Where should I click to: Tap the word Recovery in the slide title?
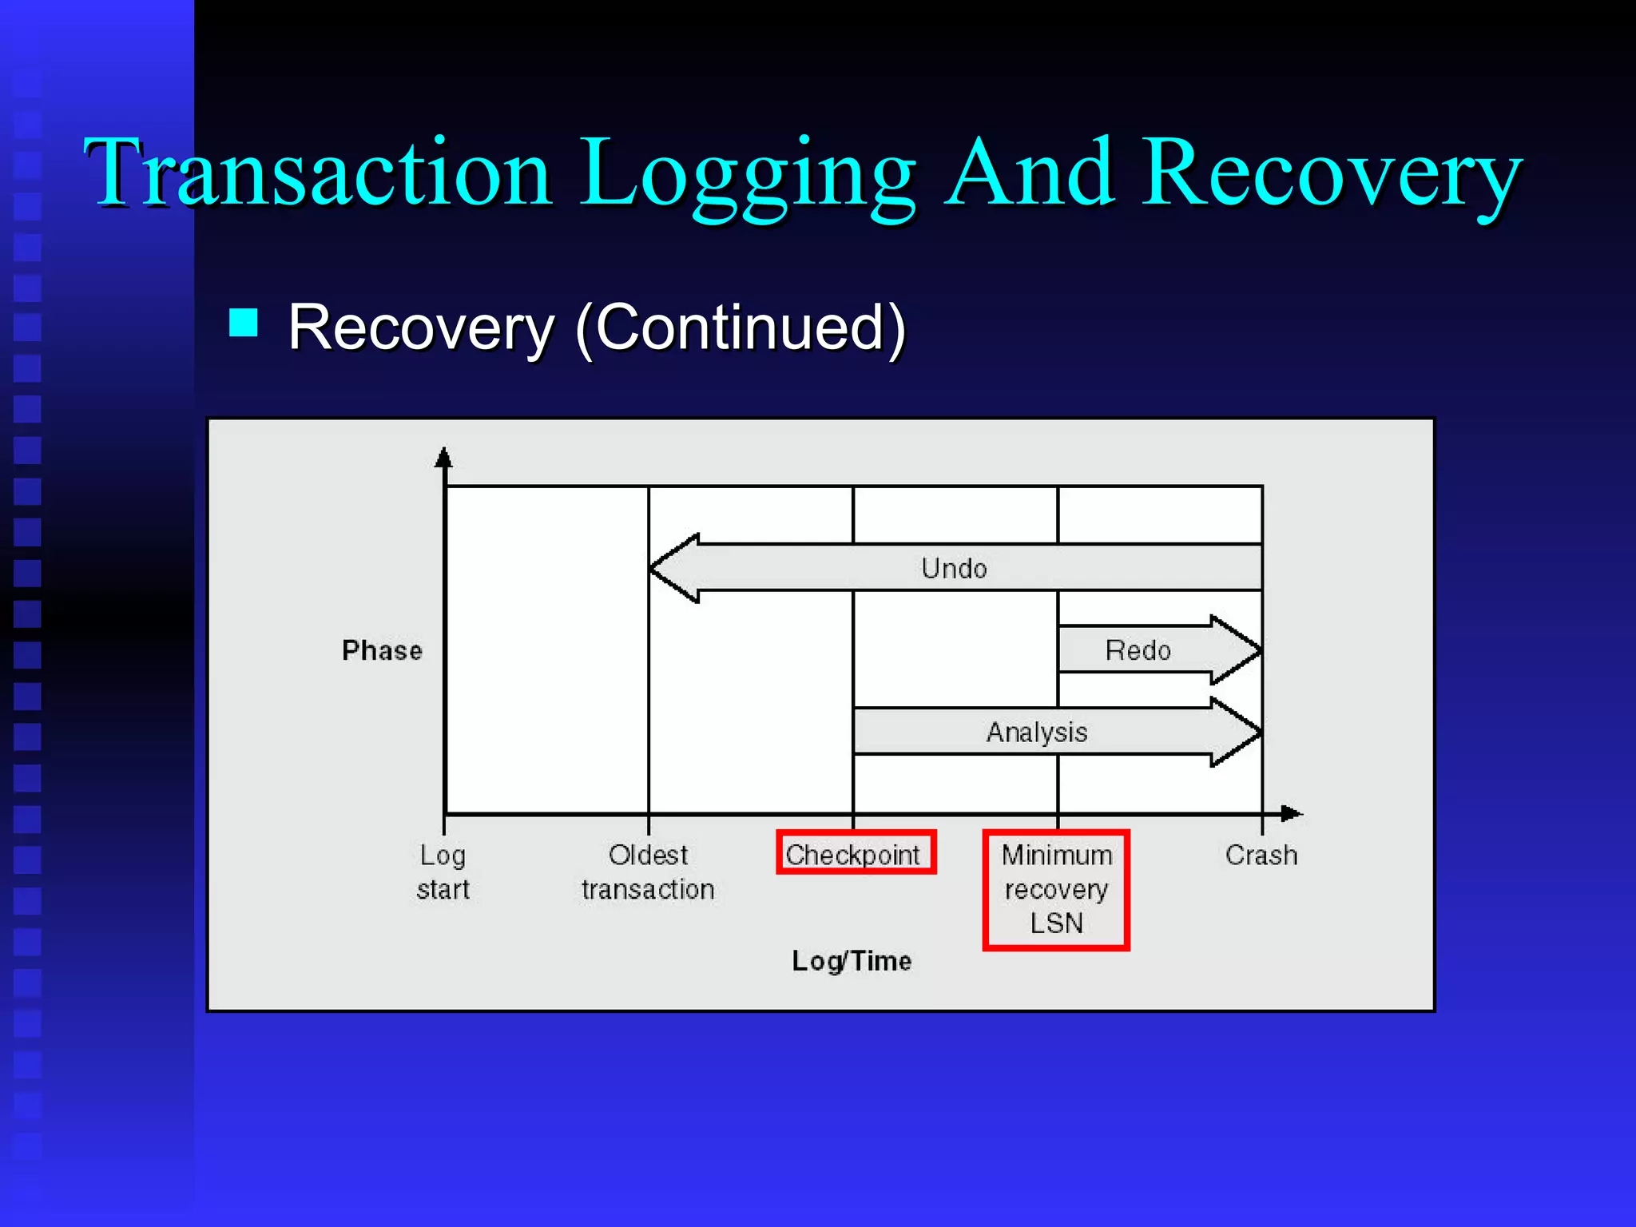coord(1332,174)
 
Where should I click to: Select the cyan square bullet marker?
coord(244,323)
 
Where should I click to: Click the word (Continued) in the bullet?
coord(741,328)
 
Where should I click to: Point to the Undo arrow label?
coord(954,569)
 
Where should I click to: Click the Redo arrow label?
coord(1138,650)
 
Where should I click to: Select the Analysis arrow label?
coord(1036,733)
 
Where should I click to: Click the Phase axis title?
coord(382,650)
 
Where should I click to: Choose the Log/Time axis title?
coord(852,960)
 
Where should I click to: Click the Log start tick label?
coord(443,872)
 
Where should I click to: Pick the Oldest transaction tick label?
coord(648,872)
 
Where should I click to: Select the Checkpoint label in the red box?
coord(853,854)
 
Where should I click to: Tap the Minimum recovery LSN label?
coord(1056,889)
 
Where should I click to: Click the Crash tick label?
coord(1261,855)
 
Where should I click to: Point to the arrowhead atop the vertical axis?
coord(443,457)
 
